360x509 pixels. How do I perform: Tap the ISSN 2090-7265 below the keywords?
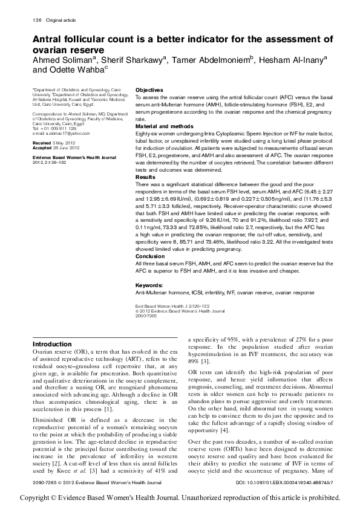point(145,316)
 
